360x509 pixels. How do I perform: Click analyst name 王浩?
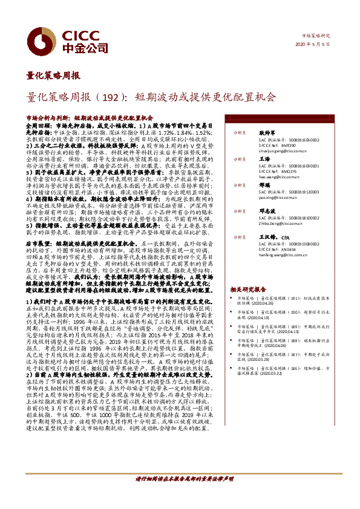(264, 158)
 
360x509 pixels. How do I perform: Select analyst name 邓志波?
(267, 212)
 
